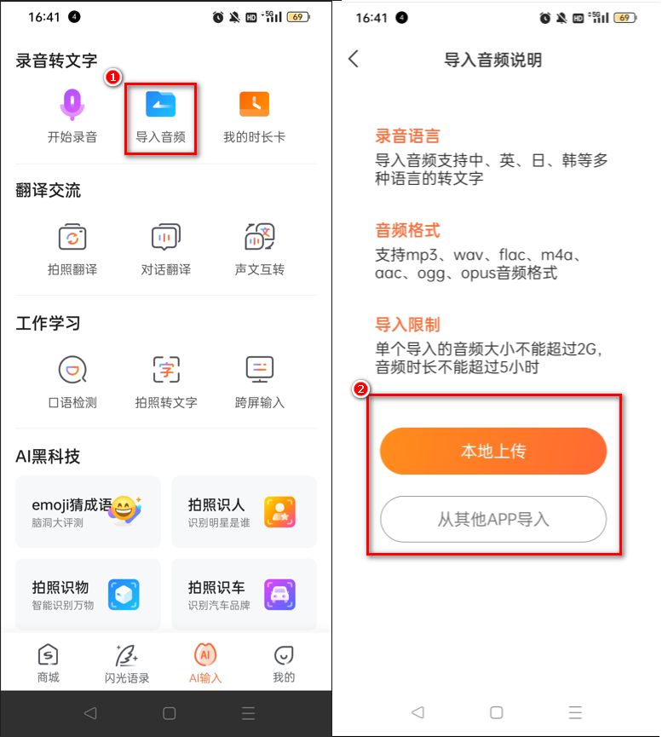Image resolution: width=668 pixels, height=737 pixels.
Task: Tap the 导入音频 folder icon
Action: tap(160, 104)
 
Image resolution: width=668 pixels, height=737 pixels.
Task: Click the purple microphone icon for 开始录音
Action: tap(72, 104)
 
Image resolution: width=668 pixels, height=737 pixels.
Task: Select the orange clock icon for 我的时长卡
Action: tap(254, 104)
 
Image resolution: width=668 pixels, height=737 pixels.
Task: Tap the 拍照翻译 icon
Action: tap(72, 238)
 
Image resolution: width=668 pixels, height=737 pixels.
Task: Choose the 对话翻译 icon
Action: tap(165, 238)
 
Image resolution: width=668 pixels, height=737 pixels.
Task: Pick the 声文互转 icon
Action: tap(259, 238)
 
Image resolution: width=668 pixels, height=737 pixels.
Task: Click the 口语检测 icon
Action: tap(72, 370)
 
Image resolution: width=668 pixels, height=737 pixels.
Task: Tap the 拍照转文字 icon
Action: tap(165, 370)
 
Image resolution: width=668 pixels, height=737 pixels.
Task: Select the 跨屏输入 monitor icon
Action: tap(259, 370)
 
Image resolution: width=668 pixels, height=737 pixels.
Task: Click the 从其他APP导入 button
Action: tap(493, 519)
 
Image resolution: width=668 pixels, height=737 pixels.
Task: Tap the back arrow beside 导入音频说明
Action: tap(354, 59)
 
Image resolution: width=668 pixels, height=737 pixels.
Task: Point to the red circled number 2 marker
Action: tap(362, 389)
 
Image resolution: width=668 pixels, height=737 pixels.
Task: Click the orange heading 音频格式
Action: tap(407, 230)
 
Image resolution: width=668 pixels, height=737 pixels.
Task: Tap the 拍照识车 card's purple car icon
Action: tap(279, 594)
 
